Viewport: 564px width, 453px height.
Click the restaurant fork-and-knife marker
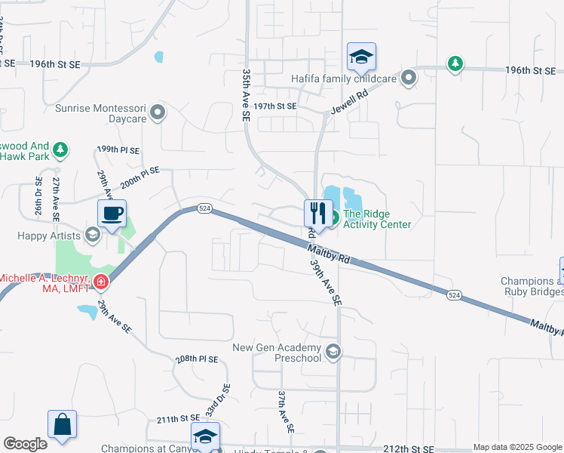(317, 214)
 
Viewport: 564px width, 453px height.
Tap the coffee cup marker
(112, 214)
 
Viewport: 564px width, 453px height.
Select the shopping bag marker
(62, 425)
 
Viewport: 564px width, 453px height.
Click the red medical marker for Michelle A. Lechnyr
(101, 283)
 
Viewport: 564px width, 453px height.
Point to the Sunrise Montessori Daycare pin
(157, 113)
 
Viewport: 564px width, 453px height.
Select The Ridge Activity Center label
(377, 219)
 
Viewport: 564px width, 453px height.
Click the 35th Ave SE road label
(246, 97)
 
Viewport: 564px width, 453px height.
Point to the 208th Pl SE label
(197, 359)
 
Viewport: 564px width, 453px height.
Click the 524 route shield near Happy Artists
(204, 208)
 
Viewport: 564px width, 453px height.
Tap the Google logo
(25, 444)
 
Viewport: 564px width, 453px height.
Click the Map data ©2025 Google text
(516, 447)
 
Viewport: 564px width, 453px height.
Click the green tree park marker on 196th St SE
(455, 63)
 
